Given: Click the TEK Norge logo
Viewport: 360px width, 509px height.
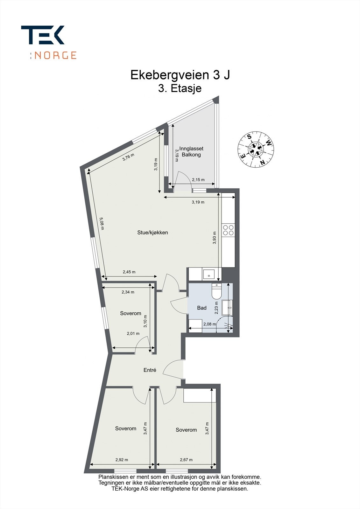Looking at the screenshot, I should pos(48,42).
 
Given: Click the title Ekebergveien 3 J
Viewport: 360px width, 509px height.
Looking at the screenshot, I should pos(180,75).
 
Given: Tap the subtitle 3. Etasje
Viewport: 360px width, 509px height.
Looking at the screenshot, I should pos(180,88).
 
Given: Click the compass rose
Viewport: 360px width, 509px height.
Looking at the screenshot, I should pos(256,149).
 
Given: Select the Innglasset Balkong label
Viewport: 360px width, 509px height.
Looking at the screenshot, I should pos(191,151).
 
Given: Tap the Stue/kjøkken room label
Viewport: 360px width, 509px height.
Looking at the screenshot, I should pos(152,233).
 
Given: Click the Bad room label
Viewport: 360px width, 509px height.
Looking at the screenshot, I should pos(202,308).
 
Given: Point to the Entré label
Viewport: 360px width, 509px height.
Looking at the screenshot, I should pos(150,370).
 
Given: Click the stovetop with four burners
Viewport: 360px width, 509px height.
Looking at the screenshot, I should pos(228,230).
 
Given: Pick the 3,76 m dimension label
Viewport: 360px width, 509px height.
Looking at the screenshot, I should pos(128,157).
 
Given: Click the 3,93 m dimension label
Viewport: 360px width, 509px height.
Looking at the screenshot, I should pos(214,237).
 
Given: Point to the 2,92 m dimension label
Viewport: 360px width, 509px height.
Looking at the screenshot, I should pos(122,459).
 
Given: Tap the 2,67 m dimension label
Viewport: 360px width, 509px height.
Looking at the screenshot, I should pos(186,459).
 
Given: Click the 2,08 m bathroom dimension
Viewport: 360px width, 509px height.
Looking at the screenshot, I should pos(209,324).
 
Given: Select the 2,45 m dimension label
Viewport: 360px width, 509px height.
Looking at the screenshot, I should pos(129,272).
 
